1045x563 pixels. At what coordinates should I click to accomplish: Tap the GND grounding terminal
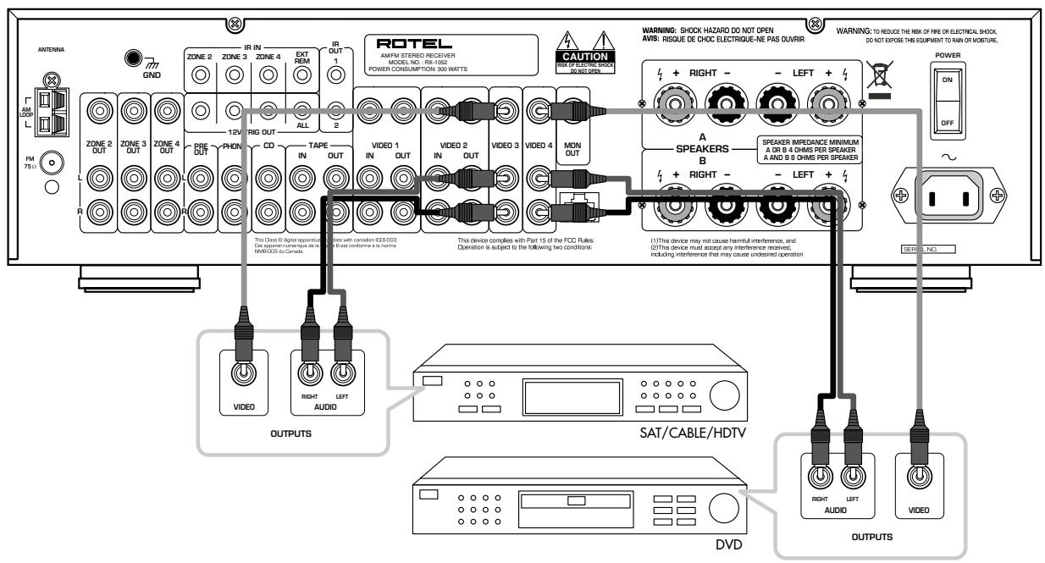coord(133,59)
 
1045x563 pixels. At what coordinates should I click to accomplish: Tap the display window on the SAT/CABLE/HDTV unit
coord(560,395)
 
